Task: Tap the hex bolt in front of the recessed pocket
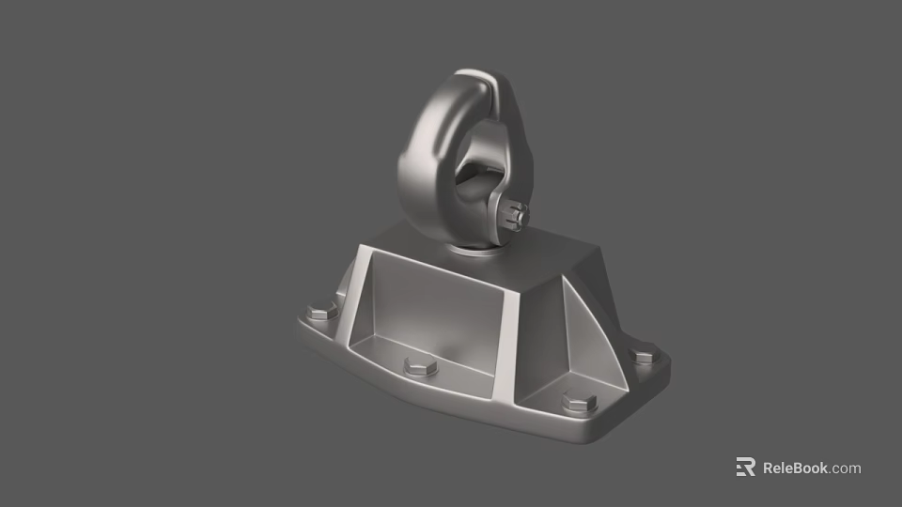(x=420, y=366)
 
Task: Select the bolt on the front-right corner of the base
(x=579, y=404)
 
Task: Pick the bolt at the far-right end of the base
(x=644, y=357)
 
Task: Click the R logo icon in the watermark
(x=746, y=468)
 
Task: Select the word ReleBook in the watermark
(x=795, y=468)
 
